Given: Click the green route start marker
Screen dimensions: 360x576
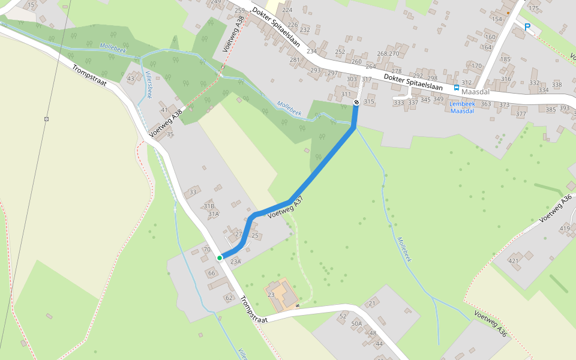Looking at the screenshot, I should [x=220, y=257].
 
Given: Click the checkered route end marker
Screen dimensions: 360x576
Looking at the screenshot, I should [x=356, y=103].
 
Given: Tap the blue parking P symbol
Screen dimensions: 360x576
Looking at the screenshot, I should [x=527, y=26].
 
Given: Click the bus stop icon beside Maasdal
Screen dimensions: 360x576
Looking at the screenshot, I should [x=457, y=87].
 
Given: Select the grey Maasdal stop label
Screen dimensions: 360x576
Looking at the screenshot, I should [x=476, y=92].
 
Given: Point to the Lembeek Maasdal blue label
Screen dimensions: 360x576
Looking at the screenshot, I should [x=462, y=107].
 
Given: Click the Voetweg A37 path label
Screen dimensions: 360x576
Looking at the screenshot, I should [x=286, y=208].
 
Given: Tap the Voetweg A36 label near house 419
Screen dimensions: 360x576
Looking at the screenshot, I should [x=557, y=208].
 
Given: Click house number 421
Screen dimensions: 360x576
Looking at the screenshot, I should [x=514, y=260].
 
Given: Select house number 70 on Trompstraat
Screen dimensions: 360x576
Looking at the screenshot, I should [x=207, y=249].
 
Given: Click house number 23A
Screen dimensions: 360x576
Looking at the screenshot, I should [x=235, y=261].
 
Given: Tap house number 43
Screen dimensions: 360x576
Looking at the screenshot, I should [x=131, y=79].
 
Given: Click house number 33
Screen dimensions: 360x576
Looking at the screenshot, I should [x=193, y=192].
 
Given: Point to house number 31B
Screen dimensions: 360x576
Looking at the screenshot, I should [x=209, y=206].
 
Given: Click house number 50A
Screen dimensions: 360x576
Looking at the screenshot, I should [x=356, y=323].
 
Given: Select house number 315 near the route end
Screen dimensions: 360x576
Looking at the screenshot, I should [x=368, y=101].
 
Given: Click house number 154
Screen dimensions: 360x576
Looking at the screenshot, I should [x=496, y=19].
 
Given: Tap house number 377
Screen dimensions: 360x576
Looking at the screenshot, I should [x=520, y=114].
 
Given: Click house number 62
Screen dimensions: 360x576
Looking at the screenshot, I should [x=229, y=298].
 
